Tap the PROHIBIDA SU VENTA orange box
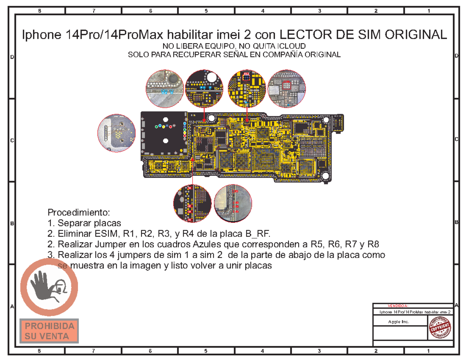[49, 330]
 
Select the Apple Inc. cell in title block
[398, 322]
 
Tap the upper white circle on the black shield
[165, 120]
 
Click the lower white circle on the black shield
[165, 141]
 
